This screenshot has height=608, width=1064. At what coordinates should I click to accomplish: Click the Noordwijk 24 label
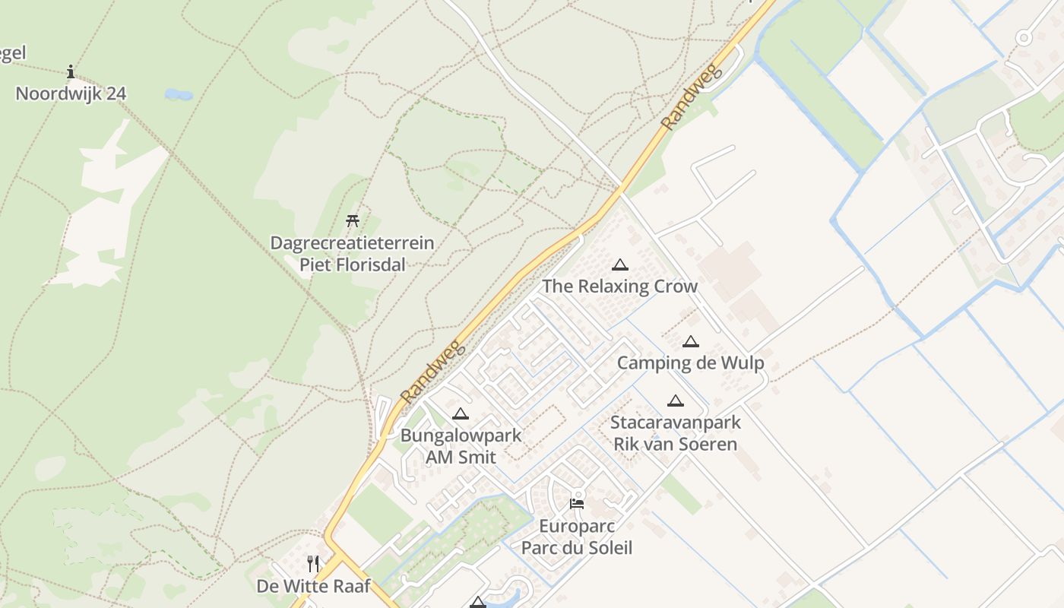tap(71, 93)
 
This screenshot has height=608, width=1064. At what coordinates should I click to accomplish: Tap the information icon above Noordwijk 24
tap(71, 72)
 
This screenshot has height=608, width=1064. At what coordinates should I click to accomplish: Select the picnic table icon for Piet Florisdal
tap(353, 221)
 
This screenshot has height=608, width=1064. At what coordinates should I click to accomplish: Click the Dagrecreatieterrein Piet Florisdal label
tap(353, 254)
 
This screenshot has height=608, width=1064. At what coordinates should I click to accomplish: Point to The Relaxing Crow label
tap(619, 287)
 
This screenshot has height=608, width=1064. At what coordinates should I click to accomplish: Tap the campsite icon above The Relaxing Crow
tap(620, 265)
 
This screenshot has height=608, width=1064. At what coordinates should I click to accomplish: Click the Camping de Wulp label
tap(690, 363)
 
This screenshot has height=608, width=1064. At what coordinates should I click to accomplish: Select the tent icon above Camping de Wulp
tap(690, 342)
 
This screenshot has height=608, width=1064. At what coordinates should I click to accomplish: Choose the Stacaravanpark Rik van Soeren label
tap(676, 433)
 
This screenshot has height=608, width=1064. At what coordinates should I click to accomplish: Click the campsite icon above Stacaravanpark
tap(676, 401)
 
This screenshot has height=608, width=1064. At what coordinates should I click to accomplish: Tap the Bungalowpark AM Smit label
tap(461, 446)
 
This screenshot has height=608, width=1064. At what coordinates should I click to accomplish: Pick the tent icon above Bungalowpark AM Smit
tap(460, 414)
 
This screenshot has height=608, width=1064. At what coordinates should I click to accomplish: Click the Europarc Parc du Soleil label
tap(577, 537)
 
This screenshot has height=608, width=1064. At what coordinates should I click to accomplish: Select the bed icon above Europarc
tap(577, 503)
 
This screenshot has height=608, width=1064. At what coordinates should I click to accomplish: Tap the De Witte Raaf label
tap(313, 586)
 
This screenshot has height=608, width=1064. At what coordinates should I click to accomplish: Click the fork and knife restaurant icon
tap(312, 563)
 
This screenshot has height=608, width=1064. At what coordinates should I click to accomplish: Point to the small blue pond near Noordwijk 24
tap(179, 95)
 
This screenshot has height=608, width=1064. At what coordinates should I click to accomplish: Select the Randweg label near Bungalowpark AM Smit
tap(431, 372)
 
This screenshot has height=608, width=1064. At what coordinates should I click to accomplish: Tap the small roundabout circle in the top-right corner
tap(1023, 37)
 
